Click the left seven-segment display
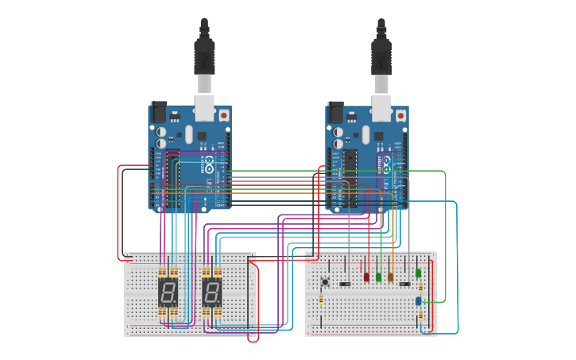tap(168, 292)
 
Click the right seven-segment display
tap(211, 292)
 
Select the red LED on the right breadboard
tap(366, 277)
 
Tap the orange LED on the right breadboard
tap(390, 277)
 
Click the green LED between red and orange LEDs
tap(378, 277)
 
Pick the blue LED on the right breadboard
tap(419, 300)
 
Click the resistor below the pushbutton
tap(321, 300)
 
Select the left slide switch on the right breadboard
tap(345, 284)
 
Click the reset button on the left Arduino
tap(223, 115)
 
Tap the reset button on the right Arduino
tap(401, 115)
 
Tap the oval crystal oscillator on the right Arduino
tap(365, 134)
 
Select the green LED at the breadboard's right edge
tap(419, 273)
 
